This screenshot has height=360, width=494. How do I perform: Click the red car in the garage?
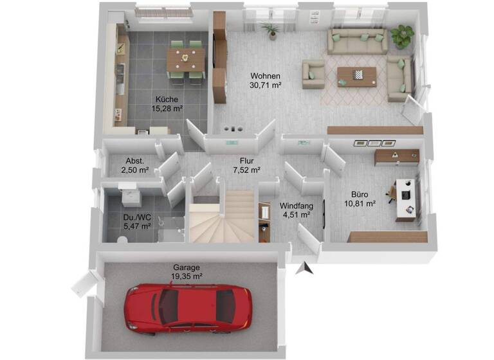pyautogui.click(x=187, y=308)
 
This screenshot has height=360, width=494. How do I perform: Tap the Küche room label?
pyautogui.click(x=166, y=104)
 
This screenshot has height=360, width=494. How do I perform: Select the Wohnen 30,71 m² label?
pyautogui.click(x=266, y=80)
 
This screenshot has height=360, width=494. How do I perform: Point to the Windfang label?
pyautogui.click(x=297, y=210)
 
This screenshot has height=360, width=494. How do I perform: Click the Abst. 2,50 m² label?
pyautogui.click(x=135, y=166)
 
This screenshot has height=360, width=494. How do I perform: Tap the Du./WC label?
pyautogui.click(x=137, y=222)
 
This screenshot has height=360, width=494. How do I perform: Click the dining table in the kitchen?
pyautogui.click(x=186, y=60)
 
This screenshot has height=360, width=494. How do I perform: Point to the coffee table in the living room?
pyautogui.click(x=356, y=75)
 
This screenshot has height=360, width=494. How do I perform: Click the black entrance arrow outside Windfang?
pyautogui.click(x=306, y=269)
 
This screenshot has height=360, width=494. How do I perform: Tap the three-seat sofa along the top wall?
pyautogui.click(x=357, y=41)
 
